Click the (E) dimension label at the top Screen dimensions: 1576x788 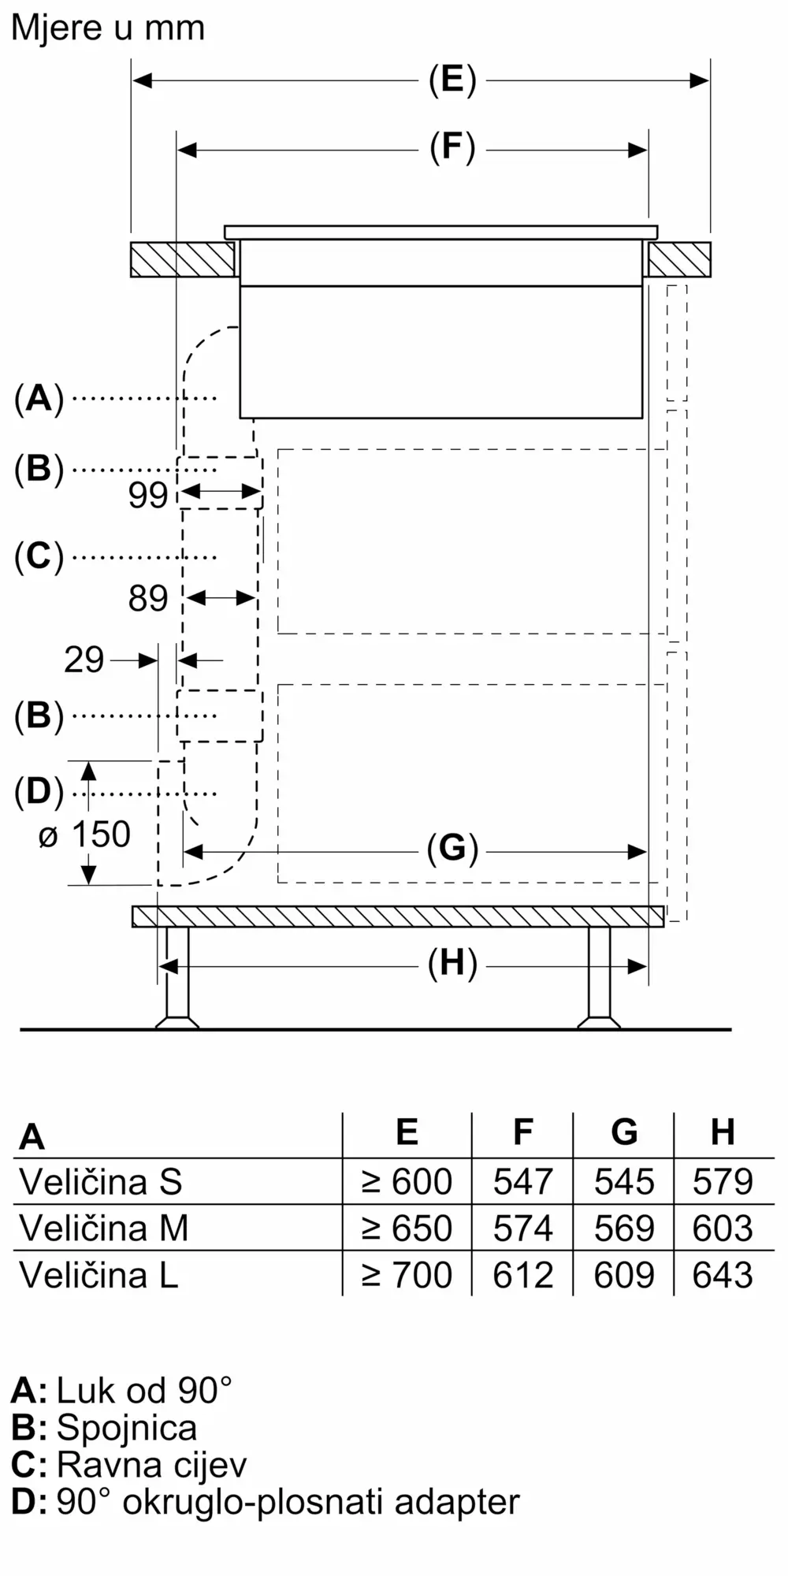[x=452, y=80]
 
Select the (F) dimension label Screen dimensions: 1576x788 [x=452, y=148]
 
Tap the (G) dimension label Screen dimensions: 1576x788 [x=452, y=849]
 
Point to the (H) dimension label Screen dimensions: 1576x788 [x=452, y=964]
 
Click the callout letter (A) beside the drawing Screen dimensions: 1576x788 [x=39, y=399]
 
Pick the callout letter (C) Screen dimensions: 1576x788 [x=39, y=557]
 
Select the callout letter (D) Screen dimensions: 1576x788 [x=39, y=792]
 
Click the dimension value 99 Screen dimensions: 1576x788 [x=148, y=495]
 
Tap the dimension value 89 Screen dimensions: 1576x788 [x=148, y=599]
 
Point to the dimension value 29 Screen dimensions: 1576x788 [x=84, y=660]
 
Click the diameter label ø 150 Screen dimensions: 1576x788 [x=84, y=835]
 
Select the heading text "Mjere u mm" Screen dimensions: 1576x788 [x=108, y=28]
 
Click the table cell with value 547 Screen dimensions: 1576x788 [x=522, y=1182]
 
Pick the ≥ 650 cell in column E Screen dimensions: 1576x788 [x=407, y=1228]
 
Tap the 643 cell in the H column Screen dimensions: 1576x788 [x=723, y=1275]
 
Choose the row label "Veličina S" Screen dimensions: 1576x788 [x=101, y=1182]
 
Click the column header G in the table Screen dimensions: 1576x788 [x=624, y=1132]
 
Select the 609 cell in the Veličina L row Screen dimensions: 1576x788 [x=624, y=1275]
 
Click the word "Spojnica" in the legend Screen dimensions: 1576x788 [x=127, y=1428]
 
